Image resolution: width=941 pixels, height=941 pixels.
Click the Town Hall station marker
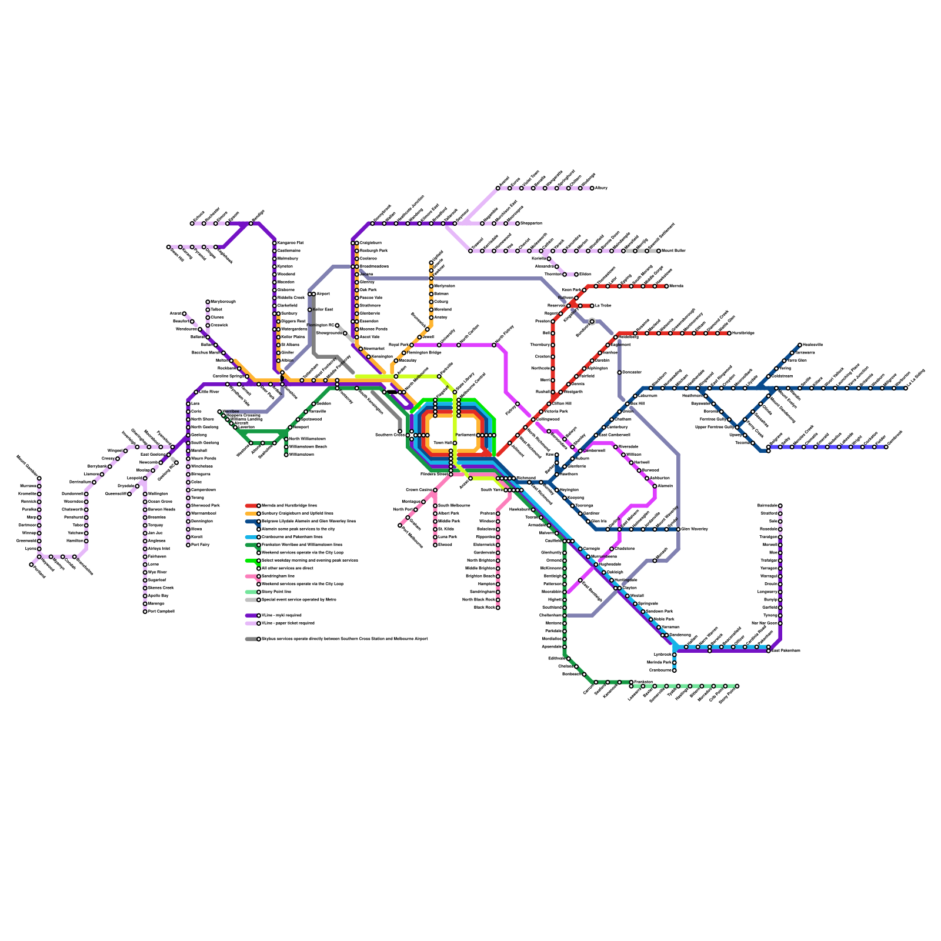point(455,443)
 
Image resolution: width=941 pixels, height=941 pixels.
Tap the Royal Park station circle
point(412,345)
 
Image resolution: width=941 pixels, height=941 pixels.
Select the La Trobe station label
point(603,306)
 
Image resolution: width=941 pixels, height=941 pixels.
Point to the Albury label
point(601,188)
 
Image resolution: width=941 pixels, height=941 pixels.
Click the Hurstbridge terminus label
point(743,333)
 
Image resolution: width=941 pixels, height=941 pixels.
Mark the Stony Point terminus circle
point(737,686)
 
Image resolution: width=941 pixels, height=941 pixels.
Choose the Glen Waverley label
point(695,529)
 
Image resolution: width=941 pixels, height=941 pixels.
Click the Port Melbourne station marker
point(400,525)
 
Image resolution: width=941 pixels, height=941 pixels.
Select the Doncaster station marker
point(619,372)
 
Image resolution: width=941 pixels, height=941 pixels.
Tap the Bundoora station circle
point(592,322)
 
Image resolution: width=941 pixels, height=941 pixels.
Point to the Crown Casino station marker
point(435,490)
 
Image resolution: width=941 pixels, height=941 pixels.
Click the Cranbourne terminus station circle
point(675,670)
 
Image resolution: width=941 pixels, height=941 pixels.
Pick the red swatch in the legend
point(251,506)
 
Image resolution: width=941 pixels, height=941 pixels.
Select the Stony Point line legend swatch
point(251,592)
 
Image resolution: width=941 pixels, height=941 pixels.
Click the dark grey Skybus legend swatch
point(251,639)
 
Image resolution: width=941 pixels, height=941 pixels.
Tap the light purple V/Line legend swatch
point(251,623)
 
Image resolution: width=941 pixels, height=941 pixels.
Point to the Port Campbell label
point(161,612)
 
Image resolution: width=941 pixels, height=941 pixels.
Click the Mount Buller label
point(673,251)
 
